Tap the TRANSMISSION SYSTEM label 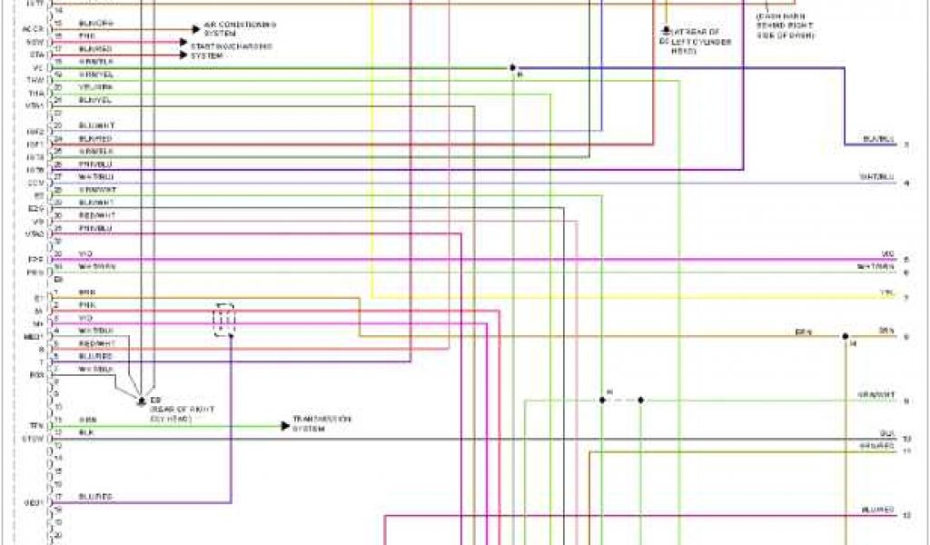click(321, 422)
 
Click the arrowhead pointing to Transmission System click(284, 425)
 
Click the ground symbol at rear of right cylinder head click(141, 399)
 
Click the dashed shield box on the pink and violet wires click(223, 319)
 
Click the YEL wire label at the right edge click(888, 292)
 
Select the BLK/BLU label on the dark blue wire click(879, 139)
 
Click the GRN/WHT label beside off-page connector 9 click(876, 394)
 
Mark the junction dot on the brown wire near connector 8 click(845, 335)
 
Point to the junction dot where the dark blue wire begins click(513, 67)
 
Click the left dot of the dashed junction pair click(601, 400)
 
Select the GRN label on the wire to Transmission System click(87, 420)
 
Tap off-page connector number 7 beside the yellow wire click(906, 297)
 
